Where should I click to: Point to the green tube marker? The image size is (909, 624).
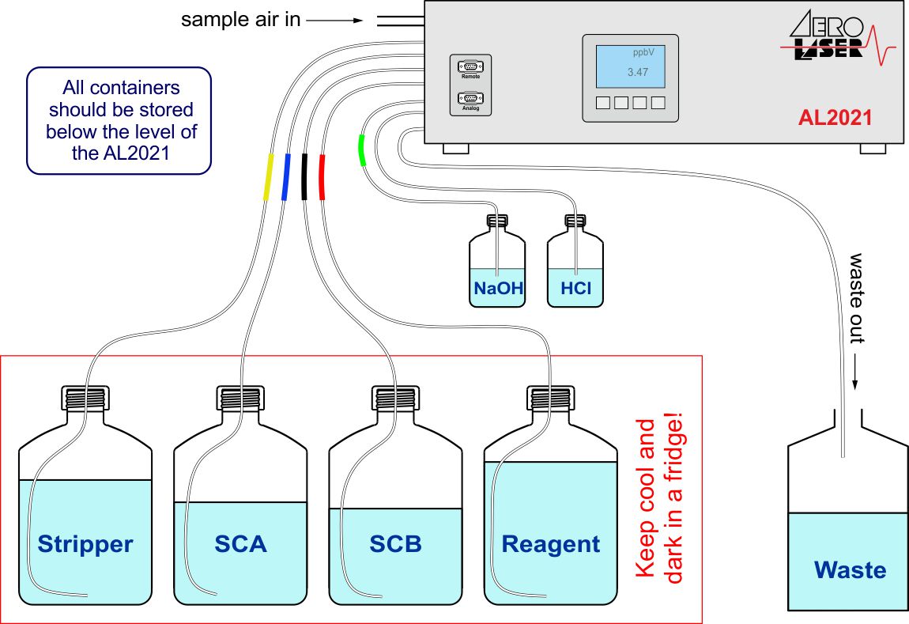(361, 150)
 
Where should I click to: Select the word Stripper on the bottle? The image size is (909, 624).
(85, 544)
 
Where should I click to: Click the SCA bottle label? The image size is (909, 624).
(240, 544)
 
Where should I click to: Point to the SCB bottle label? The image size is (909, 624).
(395, 544)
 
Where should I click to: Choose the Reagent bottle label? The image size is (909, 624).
(551, 544)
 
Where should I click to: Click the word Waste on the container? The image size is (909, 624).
(850, 570)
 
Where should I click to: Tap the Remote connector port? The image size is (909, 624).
(470, 66)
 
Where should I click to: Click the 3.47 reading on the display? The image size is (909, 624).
(637, 72)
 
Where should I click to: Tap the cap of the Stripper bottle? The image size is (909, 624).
(85, 396)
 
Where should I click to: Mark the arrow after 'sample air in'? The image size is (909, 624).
(335, 21)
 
